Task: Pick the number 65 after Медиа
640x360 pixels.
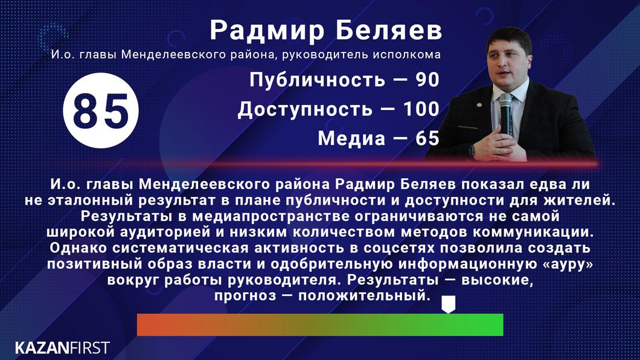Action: point(426,138)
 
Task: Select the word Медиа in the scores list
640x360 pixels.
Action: point(351,138)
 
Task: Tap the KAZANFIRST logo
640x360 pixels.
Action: point(62,347)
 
